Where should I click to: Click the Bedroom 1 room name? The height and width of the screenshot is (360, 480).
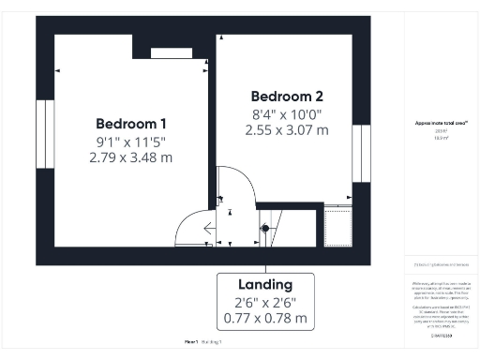point(132,124)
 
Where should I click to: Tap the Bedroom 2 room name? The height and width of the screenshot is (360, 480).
point(288,96)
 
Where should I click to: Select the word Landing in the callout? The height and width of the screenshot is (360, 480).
point(264,284)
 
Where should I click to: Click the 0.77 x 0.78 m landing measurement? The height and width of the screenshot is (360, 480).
point(264,318)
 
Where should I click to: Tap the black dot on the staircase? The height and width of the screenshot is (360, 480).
point(264,228)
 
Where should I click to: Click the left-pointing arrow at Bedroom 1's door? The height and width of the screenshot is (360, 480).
point(205,228)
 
